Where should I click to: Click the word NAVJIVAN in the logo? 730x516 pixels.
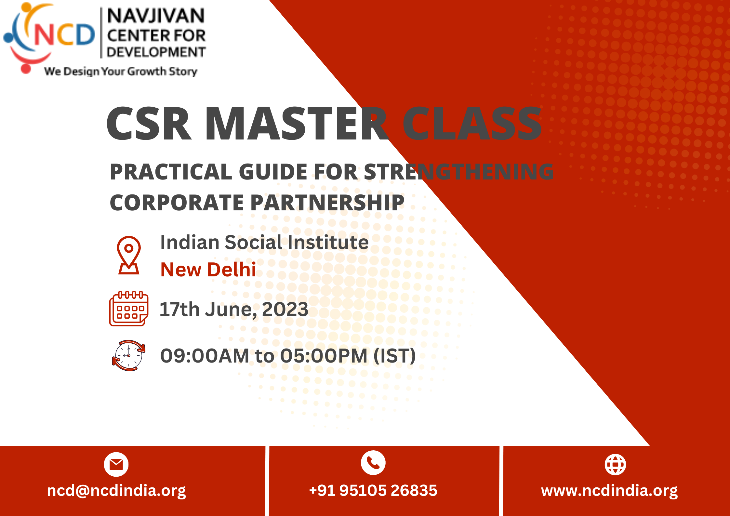click(x=156, y=16)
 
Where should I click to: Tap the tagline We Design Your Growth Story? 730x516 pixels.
click(x=121, y=71)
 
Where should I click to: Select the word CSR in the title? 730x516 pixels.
click(x=149, y=124)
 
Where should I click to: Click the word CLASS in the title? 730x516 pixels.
click(x=472, y=124)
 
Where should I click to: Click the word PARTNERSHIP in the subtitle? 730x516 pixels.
click(x=327, y=203)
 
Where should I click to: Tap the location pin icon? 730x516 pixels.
click(x=129, y=255)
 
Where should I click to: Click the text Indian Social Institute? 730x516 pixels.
click(x=264, y=242)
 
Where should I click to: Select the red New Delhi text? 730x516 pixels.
click(x=208, y=270)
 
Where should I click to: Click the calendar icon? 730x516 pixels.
click(x=129, y=308)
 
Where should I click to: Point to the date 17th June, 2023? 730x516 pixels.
click(x=234, y=309)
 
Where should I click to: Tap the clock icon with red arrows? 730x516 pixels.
click(x=129, y=355)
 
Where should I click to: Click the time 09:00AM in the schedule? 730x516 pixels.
click(x=205, y=356)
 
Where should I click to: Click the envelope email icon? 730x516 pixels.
click(x=116, y=464)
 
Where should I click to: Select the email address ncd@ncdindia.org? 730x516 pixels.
click(x=116, y=491)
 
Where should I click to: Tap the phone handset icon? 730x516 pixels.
click(x=373, y=463)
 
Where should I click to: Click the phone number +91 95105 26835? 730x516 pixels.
click(x=373, y=490)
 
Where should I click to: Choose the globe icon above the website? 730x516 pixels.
click(x=615, y=464)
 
